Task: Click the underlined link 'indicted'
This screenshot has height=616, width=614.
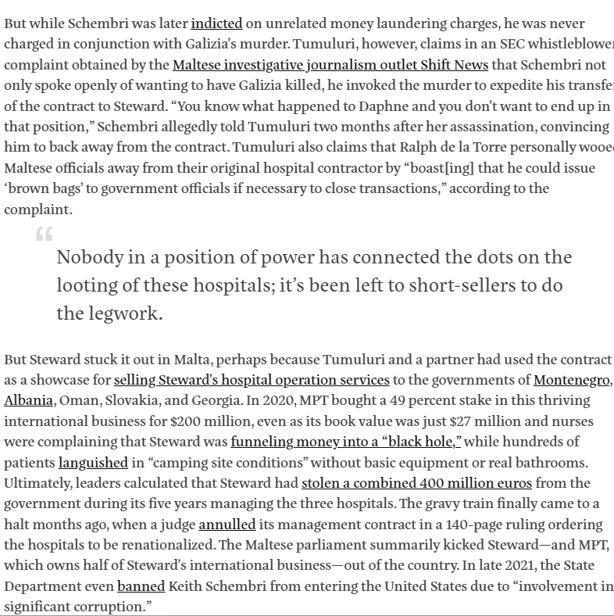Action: pos(216,23)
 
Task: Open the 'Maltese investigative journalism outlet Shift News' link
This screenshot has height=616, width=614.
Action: pos(330,65)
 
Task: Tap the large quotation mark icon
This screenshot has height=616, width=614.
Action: pos(45,234)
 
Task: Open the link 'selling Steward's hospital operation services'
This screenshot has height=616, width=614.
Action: pos(252,381)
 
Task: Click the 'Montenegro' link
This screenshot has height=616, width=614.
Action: pos(572,381)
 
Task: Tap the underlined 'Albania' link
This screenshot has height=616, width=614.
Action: pos(28,401)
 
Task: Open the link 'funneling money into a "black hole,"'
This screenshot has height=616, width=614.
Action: pos(346,442)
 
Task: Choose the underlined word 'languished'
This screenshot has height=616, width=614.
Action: pos(93,463)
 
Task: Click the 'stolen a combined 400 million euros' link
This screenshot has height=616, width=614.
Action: pos(416,483)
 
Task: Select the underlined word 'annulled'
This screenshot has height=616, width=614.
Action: pos(227,524)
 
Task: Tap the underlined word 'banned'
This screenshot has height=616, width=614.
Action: pos(141,586)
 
